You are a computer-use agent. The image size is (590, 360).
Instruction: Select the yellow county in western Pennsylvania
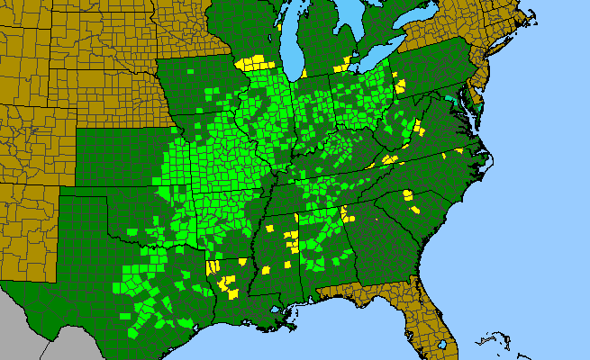pyautogui.click(x=399, y=87)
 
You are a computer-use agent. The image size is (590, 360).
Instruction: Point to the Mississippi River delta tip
pyautogui.click(x=290, y=328)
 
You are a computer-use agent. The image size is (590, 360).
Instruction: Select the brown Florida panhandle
pyautogui.click(x=360, y=292)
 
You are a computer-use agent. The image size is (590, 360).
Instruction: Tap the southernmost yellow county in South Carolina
pyautogui.click(x=417, y=208)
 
